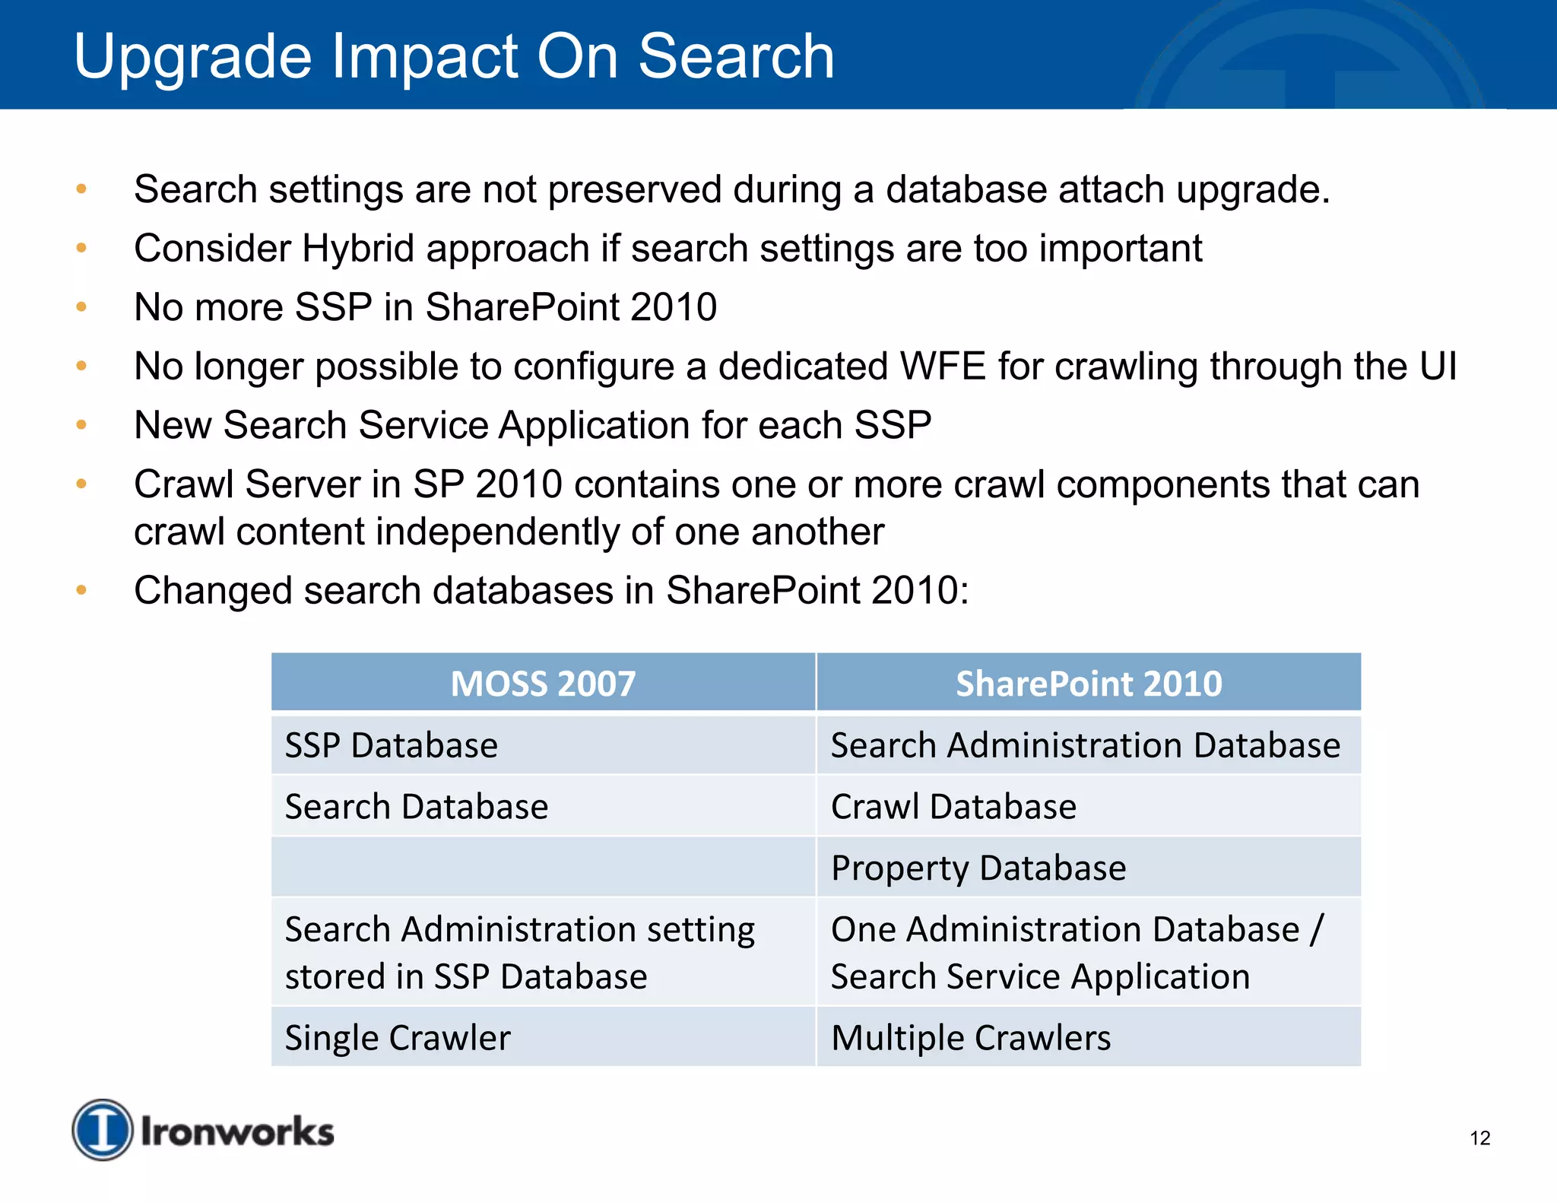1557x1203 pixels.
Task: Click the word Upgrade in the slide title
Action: point(192,58)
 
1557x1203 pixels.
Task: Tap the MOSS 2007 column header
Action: point(543,683)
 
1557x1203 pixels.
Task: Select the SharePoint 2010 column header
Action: point(1088,683)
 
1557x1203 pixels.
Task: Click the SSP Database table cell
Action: point(392,745)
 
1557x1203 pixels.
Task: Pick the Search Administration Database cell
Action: point(1085,745)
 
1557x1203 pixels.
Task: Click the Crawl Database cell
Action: point(953,807)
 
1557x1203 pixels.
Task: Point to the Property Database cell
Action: point(978,868)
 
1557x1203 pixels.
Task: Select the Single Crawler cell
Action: point(398,1038)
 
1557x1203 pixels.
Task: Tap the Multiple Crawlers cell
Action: point(971,1038)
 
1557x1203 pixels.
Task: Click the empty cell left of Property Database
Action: point(543,868)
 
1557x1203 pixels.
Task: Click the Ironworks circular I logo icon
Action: point(103,1129)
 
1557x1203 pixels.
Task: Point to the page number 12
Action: point(1479,1138)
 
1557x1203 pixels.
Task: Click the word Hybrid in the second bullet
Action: point(358,249)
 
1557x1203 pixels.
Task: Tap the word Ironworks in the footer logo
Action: point(237,1132)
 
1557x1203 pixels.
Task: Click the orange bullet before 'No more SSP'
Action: point(81,307)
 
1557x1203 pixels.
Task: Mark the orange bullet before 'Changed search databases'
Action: point(81,590)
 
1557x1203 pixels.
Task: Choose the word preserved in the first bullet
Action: point(634,190)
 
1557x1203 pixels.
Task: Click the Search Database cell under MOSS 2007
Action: point(417,807)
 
